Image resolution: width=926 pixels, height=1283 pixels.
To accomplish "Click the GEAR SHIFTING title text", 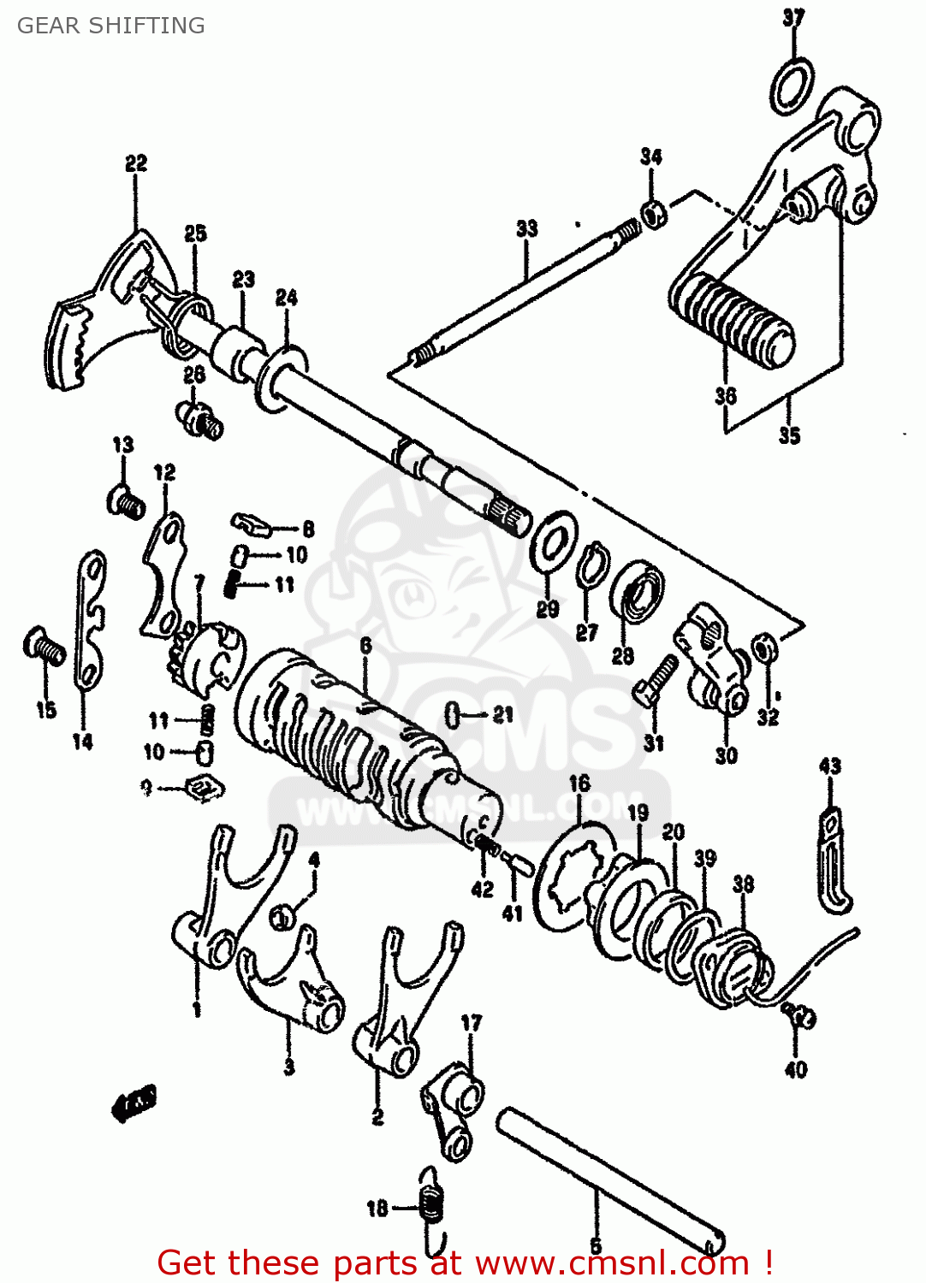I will tap(111, 26).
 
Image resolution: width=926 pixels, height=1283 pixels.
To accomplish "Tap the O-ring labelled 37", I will tap(792, 86).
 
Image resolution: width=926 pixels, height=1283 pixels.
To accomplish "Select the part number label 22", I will tap(136, 163).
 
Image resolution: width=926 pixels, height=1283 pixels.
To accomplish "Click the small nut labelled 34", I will tap(654, 213).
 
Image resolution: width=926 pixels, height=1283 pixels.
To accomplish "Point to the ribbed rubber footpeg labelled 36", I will tap(732, 321).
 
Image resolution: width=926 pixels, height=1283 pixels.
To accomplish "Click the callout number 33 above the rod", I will tap(527, 228).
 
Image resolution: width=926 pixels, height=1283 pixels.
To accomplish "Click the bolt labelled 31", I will tap(657, 679).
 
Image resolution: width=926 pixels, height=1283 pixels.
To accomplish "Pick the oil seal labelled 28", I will tap(638, 591).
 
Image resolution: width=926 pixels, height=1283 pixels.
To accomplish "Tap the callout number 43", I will tap(829, 766).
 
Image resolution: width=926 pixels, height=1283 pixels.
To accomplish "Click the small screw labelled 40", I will tap(800, 1017).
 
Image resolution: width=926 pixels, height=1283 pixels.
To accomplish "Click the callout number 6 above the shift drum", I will tap(365, 645).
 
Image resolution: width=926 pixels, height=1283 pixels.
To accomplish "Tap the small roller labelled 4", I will tap(282, 917).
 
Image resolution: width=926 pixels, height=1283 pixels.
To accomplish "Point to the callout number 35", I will tap(789, 435).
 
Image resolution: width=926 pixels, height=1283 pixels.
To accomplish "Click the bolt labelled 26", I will tap(202, 420).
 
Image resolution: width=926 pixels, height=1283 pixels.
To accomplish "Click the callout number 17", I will tap(472, 1022).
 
